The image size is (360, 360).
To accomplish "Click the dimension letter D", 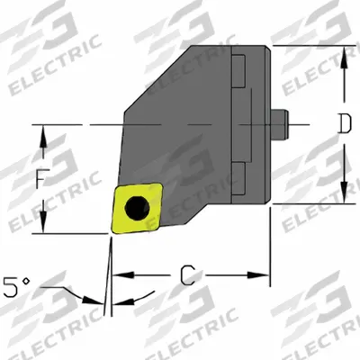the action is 344,123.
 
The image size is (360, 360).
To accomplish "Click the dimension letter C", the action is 188,275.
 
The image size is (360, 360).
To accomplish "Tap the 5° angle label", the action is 16,287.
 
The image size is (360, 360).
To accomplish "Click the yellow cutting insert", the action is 137,208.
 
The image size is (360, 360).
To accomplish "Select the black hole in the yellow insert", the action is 137,207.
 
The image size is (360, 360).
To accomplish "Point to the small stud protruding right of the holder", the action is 280,124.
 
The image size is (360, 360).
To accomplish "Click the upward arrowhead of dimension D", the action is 344,57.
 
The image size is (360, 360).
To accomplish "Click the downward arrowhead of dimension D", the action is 344,193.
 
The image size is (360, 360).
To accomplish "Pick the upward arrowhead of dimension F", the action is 43,136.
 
